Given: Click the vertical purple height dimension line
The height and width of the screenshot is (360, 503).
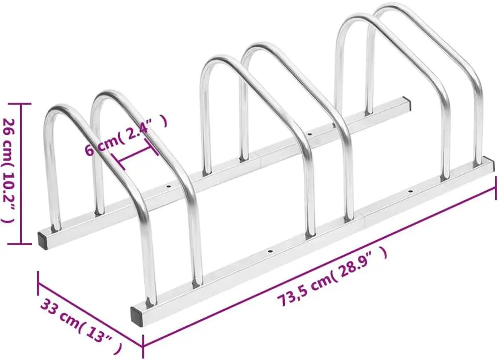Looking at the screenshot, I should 21,174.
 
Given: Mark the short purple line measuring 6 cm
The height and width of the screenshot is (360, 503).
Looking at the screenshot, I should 134,155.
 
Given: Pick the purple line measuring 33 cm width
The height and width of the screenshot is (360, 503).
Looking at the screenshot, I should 91,309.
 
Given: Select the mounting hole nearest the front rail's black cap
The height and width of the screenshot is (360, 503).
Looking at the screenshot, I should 271,250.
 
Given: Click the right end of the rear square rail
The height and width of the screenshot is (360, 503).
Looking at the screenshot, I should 406,104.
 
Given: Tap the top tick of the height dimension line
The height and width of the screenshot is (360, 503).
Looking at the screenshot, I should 21,104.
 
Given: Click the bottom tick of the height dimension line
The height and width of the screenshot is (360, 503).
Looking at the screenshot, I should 21,244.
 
